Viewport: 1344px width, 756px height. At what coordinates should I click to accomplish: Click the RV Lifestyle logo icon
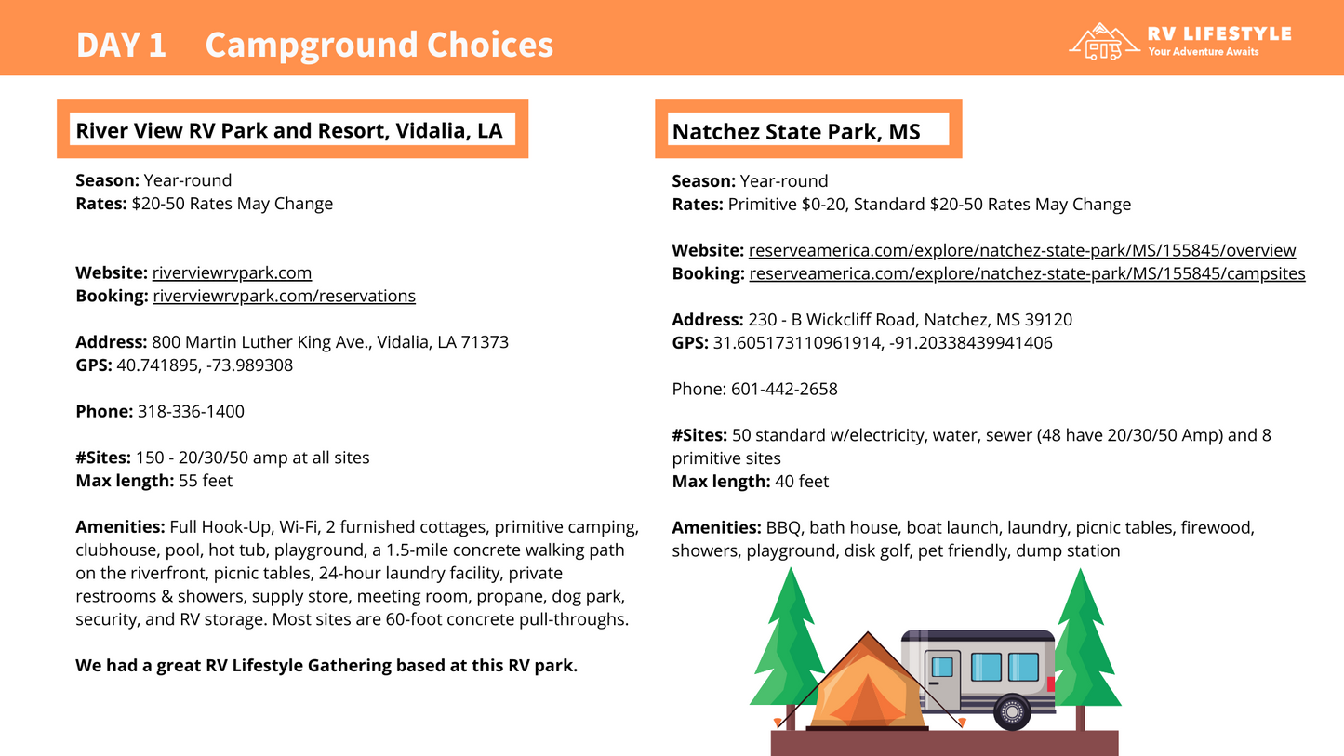point(1104,41)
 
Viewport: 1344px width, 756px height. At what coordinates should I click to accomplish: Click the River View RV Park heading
point(289,130)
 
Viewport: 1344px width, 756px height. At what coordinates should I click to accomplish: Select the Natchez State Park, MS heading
point(796,132)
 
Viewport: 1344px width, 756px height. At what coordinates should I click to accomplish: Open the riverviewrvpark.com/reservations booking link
point(284,296)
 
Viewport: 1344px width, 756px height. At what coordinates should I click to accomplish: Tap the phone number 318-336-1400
point(191,411)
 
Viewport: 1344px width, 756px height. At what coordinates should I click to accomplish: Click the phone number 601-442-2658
point(784,389)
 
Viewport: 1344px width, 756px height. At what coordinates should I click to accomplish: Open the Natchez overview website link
point(1021,250)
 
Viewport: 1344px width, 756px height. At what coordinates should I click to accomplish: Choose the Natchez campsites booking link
point(1027,273)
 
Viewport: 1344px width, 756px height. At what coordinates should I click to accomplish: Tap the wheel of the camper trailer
point(1012,712)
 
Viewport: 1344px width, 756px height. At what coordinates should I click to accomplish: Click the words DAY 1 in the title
point(121,45)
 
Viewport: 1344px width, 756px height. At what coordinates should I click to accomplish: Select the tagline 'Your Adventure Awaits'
point(1204,52)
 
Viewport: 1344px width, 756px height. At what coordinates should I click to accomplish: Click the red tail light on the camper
point(1051,684)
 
